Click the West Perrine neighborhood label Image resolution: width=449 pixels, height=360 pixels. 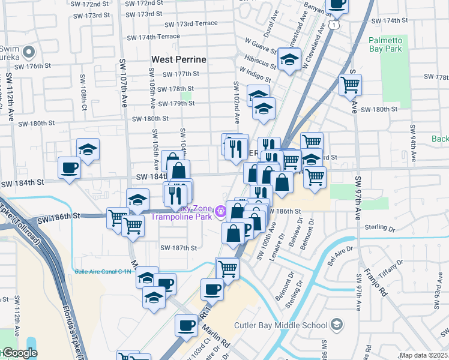[x=179, y=59]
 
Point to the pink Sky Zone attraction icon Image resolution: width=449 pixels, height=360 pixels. [x=221, y=211]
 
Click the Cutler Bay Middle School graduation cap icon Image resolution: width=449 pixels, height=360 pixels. [x=337, y=325]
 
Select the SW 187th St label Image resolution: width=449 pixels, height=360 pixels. [x=178, y=248]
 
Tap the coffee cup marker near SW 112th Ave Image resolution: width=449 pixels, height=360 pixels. [x=69, y=167]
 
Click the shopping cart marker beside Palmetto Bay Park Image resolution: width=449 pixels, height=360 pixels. [x=350, y=84]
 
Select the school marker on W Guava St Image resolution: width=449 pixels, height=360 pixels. [x=289, y=59]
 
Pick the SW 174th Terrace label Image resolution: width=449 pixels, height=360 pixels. [x=152, y=37]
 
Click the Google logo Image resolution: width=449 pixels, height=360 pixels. [x=19, y=353]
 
